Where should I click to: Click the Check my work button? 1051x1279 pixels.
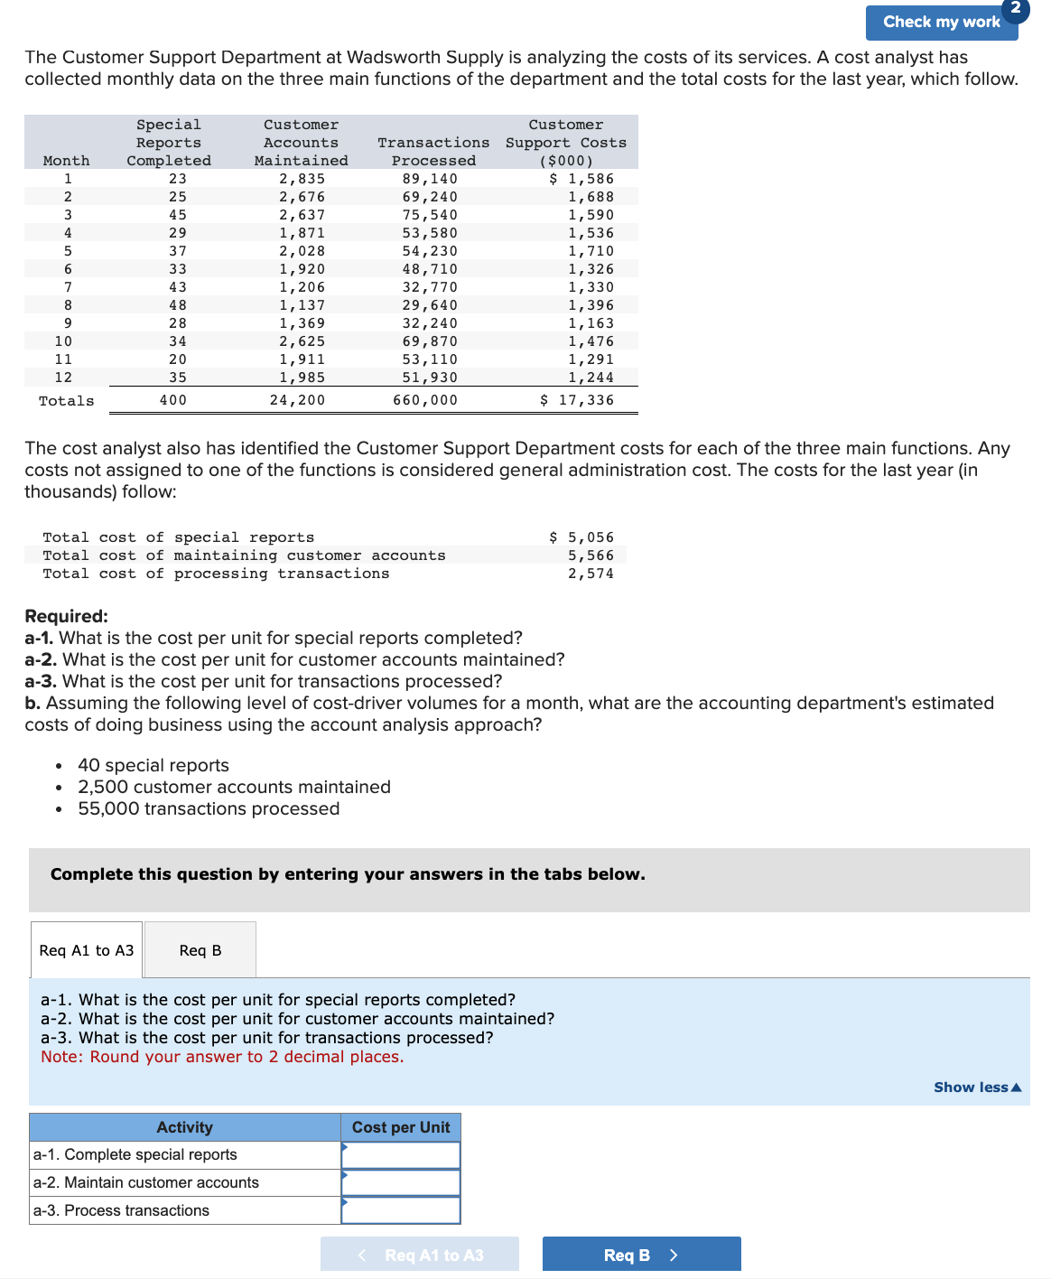pyautogui.click(x=941, y=23)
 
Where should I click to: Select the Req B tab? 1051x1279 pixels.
pyautogui.click(x=200, y=950)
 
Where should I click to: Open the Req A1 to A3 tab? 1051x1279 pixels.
pyautogui.click(x=87, y=950)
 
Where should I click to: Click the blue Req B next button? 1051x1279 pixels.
pyautogui.click(x=641, y=1255)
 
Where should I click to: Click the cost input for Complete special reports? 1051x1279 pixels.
pyautogui.click(x=401, y=1155)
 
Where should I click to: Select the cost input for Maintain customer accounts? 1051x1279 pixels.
pyautogui.click(x=401, y=1182)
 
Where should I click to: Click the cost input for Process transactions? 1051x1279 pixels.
pyautogui.click(x=401, y=1210)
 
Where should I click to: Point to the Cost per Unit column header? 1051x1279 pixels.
pyautogui.click(x=401, y=1127)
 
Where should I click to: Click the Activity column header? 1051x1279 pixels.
pyautogui.click(x=185, y=1127)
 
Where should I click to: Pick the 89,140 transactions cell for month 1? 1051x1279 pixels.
pyautogui.click(x=430, y=179)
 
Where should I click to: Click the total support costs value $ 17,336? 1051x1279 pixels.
pyautogui.click(x=577, y=400)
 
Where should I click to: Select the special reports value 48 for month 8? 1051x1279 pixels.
pyautogui.click(x=178, y=305)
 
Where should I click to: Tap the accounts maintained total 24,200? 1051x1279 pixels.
pyautogui.click(x=297, y=400)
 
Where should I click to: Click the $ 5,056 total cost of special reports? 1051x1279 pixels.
pyautogui.click(x=581, y=537)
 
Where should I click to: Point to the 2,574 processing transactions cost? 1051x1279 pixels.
pyautogui.click(x=591, y=574)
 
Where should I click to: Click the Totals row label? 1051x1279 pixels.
pyautogui.click(x=67, y=401)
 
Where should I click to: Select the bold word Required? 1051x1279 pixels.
pyautogui.click(x=66, y=616)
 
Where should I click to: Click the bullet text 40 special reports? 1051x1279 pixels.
pyautogui.click(x=153, y=765)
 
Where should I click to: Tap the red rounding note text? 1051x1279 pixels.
pyautogui.click(x=222, y=1057)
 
